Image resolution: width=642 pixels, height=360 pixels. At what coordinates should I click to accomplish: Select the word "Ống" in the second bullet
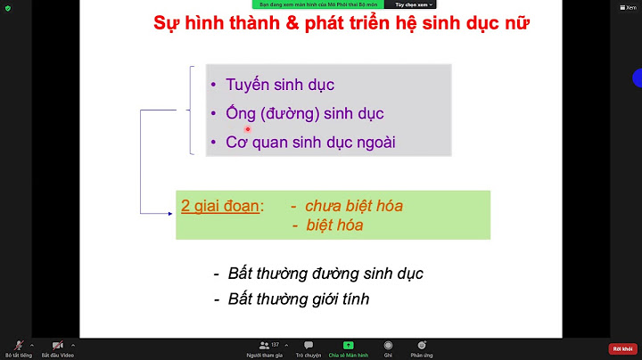tap(232, 114)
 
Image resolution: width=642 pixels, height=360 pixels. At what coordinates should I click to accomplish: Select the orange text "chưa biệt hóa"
tap(354, 206)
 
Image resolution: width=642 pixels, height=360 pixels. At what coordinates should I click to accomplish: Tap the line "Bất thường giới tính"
tap(299, 299)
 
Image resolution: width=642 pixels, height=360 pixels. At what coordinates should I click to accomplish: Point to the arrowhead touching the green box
tap(170, 213)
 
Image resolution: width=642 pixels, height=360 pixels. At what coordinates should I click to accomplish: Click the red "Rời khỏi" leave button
tap(621, 348)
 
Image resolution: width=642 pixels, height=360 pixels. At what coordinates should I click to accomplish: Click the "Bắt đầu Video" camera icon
tap(57, 345)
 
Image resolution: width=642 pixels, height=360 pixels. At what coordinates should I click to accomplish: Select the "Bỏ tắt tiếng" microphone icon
tap(18, 345)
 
